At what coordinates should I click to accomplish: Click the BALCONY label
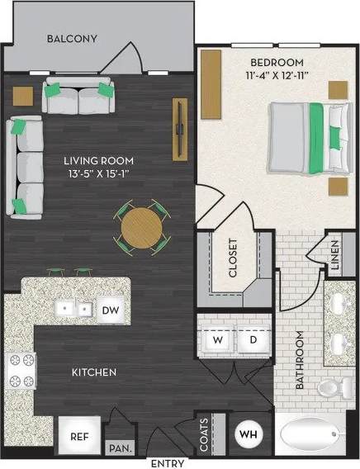pyautogui.click(x=72, y=39)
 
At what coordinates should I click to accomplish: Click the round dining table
pyautogui.click(x=143, y=226)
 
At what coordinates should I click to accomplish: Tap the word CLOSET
pyautogui.click(x=233, y=258)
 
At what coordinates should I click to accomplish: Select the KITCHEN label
pyautogui.click(x=92, y=372)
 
